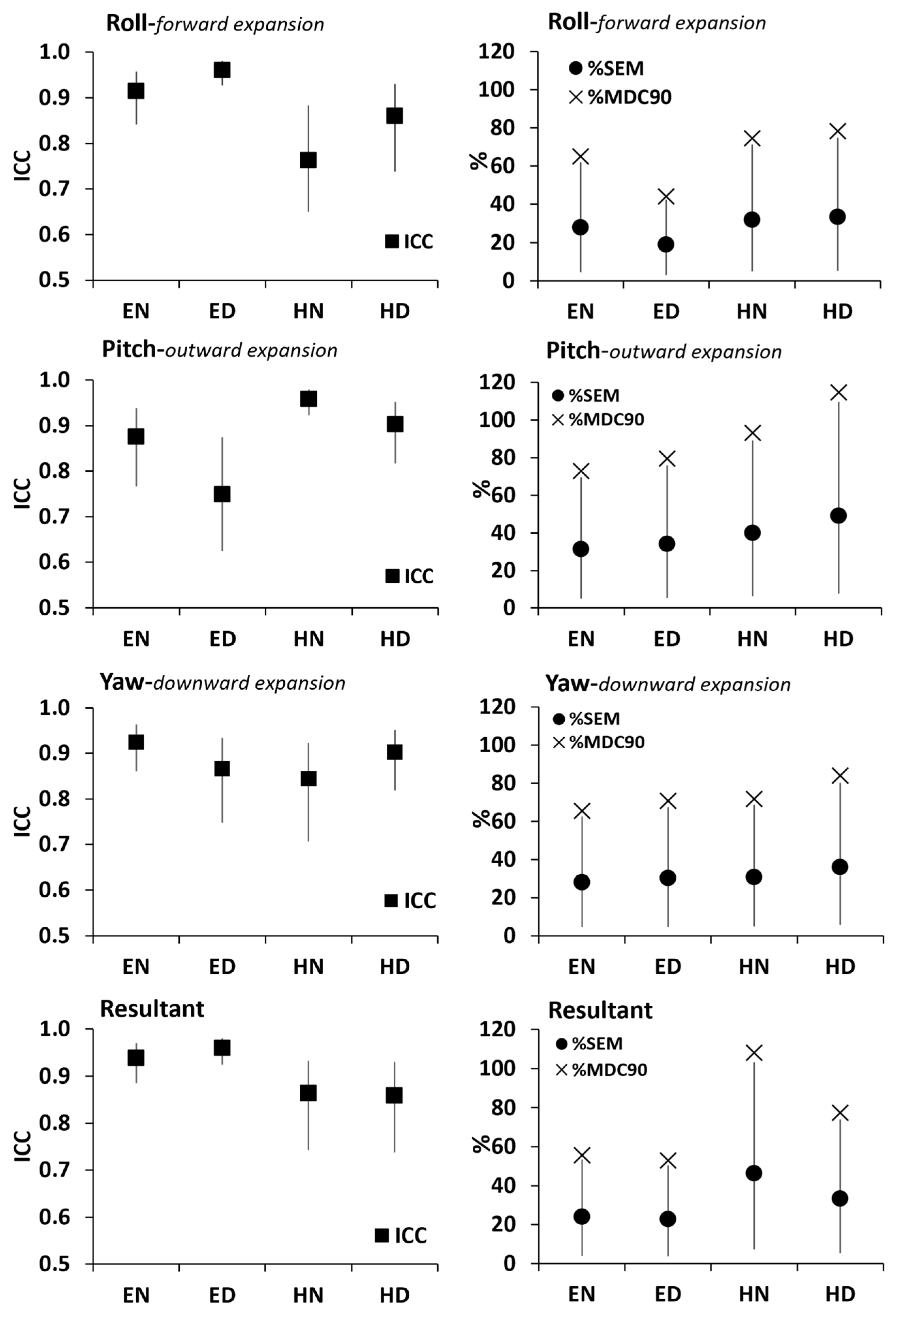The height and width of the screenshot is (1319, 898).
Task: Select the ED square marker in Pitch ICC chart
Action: (222, 494)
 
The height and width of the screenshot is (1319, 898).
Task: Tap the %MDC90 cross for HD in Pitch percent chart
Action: (838, 392)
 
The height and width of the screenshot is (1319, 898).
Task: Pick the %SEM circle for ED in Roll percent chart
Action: (666, 244)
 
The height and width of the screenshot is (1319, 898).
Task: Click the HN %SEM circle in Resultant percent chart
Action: (754, 1173)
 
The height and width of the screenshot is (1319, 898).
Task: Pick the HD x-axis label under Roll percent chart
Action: (838, 312)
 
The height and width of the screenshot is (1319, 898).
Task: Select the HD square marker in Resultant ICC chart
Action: (394, 1095)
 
